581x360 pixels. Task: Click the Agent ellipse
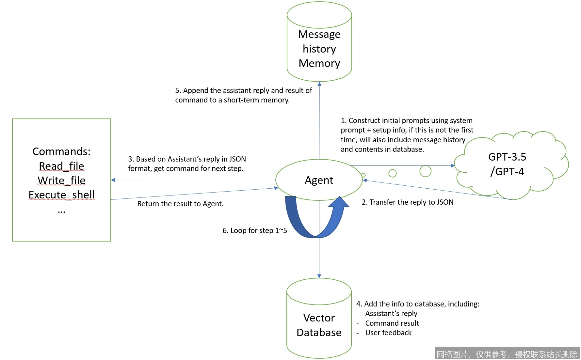[319, 180]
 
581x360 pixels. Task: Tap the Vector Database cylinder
[319, 325]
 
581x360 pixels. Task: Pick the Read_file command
[61, 166]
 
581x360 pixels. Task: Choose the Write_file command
[61, 180]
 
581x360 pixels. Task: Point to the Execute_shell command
[61, 195]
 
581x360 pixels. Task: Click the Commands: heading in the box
[61, 151]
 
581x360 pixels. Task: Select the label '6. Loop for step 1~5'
[254, 230]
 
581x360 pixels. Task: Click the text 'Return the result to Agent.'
[180, 204]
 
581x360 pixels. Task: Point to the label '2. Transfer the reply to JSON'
[407, 202]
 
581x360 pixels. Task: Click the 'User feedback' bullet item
[388, 333]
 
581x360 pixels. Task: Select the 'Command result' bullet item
[392, 323]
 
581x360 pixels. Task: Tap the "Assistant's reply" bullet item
[391, 313]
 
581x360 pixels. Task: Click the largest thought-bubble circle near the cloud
[425, 171]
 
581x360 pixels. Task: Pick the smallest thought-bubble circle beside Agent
[363, 175]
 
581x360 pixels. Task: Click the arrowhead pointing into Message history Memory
[319, 84]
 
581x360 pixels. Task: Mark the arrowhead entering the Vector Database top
[319, 276]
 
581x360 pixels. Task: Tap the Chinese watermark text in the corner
[507, 354]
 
